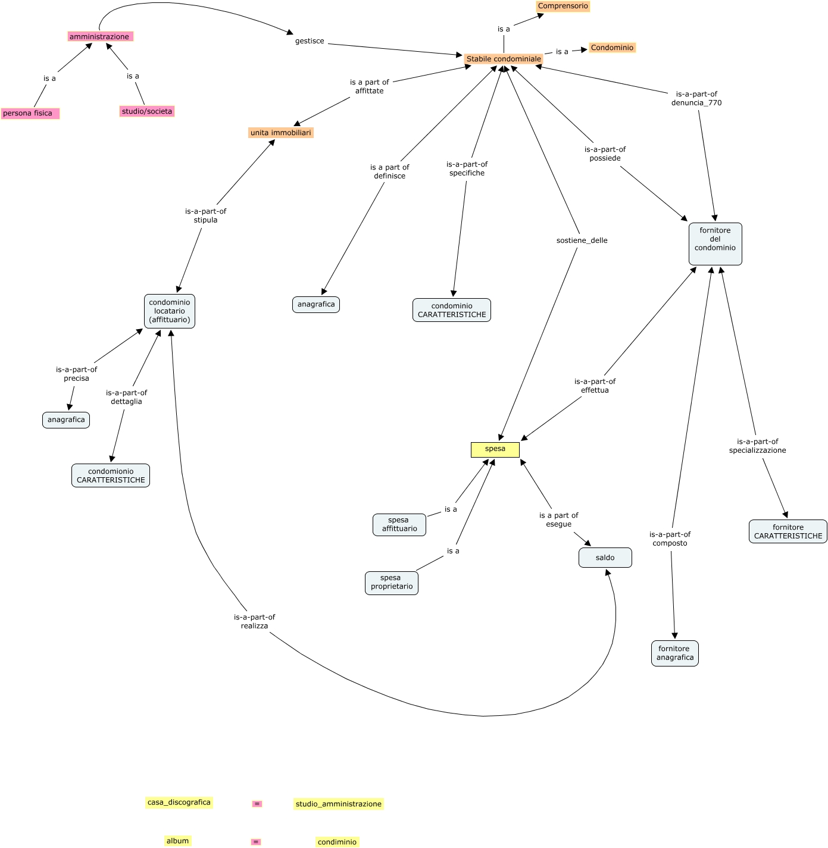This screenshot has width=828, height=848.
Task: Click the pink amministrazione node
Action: (x=100, y=37)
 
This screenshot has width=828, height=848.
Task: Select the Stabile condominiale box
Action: (x=504, y=59)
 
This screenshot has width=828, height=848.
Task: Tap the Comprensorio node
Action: (x=563, y=7)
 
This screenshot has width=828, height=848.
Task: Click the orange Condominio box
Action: (x=612, y=48)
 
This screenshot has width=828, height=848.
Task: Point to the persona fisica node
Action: (x=30, y=113)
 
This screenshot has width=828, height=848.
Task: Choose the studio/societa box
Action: (x=146, y=111)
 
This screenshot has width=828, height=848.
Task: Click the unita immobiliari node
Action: (x=280, y=133)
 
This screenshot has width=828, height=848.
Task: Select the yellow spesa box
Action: (x=495, y=449)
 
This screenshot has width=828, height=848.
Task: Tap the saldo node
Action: (x=605, y=558)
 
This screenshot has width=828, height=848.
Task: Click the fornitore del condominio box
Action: (x=715, y=243)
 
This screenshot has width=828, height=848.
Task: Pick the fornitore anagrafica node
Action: (x=674, y=653)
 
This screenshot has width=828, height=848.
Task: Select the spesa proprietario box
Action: (x=391, y=583)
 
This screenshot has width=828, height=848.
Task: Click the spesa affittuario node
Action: (x=399, y=524)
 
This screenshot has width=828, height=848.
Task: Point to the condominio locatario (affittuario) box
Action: (x=170, y=311)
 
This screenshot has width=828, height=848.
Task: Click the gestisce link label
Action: (x=310, y=41)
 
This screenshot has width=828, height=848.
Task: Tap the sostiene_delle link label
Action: (x=582, y=240)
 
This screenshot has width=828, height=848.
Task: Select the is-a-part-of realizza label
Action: (x=254, y=621)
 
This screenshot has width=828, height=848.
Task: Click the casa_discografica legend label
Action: (x=179, y=802)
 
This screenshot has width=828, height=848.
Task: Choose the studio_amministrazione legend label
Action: (x=338, y=804)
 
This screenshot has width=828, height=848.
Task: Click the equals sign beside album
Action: (x=255, y=842)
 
